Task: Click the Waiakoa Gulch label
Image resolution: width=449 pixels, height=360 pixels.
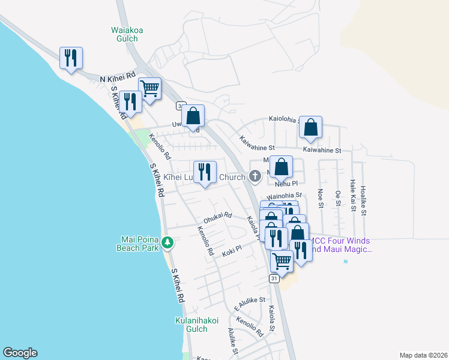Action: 124,34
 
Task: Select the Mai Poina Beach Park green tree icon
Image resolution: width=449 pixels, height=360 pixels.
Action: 169,243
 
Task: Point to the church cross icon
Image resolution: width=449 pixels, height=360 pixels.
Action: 255,176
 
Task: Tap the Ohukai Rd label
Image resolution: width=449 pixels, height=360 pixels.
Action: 217,216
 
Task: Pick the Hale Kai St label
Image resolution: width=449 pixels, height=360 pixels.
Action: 353,196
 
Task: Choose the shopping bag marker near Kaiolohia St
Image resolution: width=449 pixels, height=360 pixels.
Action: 310,127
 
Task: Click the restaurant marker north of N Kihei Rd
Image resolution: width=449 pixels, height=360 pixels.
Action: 71,58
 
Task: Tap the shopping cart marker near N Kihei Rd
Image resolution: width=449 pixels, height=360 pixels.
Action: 149,88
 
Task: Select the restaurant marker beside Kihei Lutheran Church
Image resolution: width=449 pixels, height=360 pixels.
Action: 205,172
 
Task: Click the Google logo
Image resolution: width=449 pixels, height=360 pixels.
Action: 20,353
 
